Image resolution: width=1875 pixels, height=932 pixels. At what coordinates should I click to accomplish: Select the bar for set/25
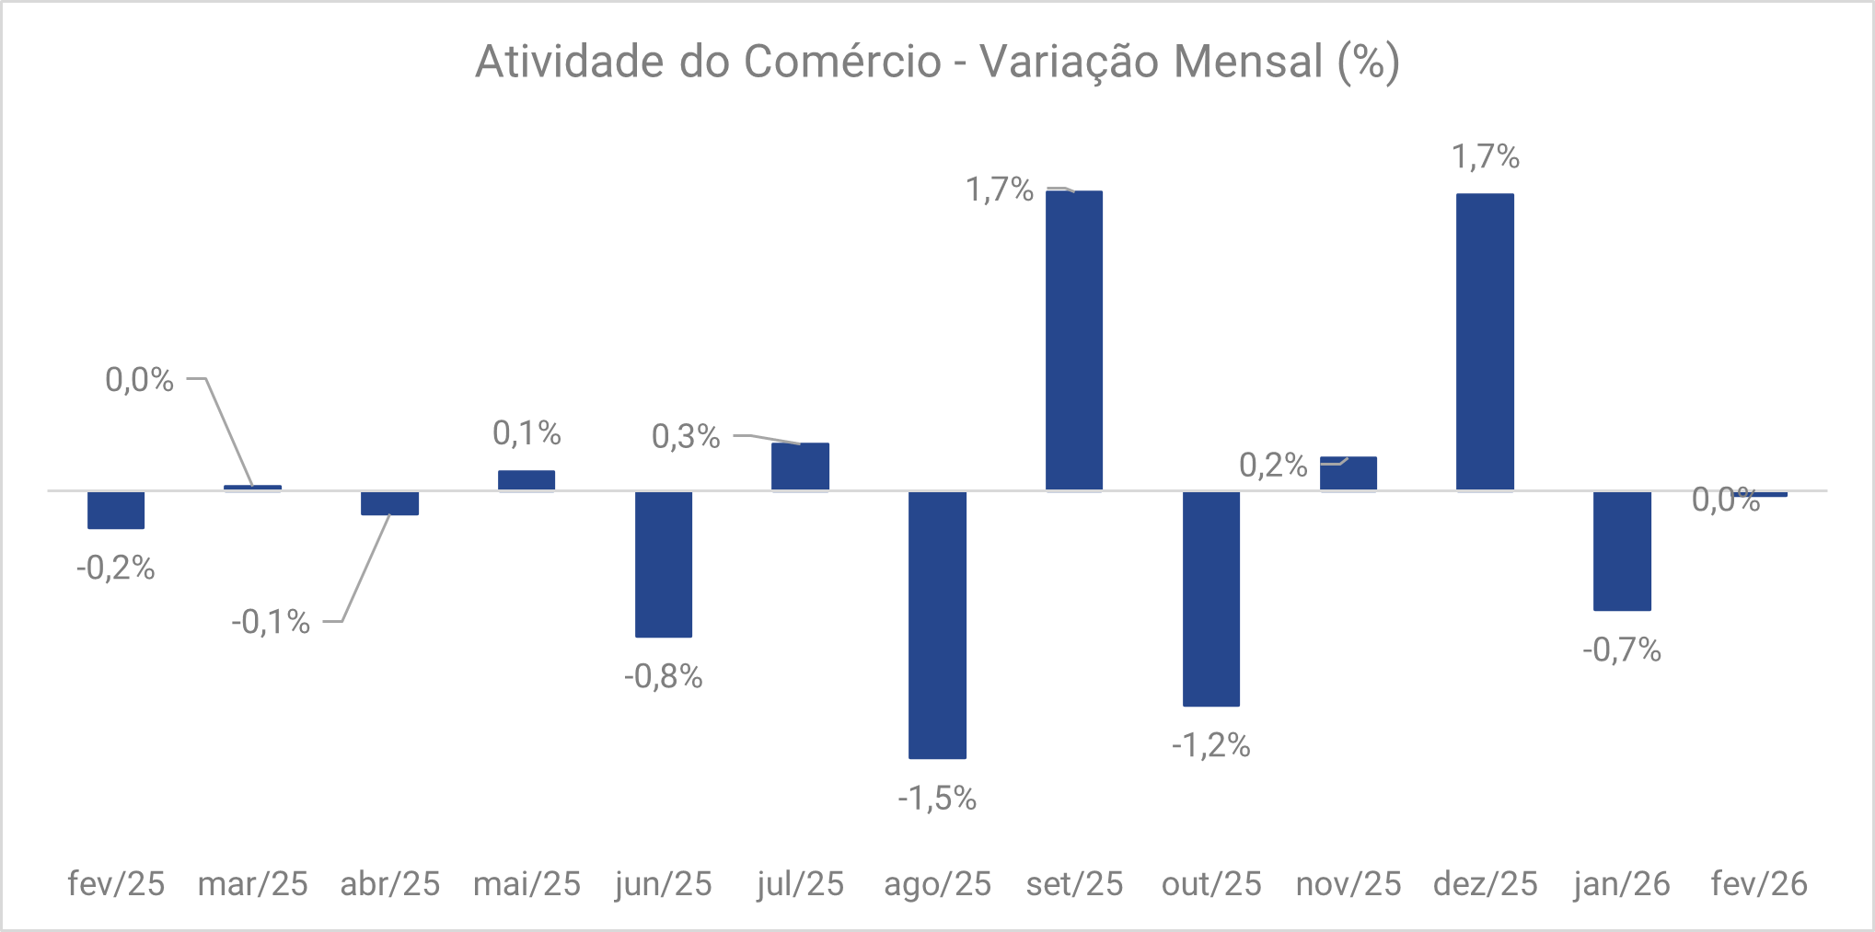click(x=1074, y=340)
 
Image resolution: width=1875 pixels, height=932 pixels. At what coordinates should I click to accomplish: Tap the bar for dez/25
click(x=1485, y=342)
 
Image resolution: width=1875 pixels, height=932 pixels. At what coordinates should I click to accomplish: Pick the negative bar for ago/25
click(x=937, y=625)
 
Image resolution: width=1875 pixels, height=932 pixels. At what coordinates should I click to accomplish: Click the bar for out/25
click(x=1210, y=599)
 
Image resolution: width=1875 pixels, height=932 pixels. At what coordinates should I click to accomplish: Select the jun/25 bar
click(x=664, y=564)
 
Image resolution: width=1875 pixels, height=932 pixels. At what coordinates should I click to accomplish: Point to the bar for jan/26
click(x=1622, y=550)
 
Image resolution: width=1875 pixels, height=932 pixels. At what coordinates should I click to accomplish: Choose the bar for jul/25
click(x=800, y=466)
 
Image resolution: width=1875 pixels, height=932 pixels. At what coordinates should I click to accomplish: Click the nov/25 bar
click(x=1348, y=474)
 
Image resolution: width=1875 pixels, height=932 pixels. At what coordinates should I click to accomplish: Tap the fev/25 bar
click(x=116, y=510)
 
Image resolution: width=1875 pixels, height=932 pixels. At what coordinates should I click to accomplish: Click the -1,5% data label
click(x=937, y=798)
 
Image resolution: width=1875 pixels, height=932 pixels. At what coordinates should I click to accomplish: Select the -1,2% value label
click(x=1210, y=745)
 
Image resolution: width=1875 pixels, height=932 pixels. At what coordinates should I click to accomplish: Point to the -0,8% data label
click(x=664, y=677)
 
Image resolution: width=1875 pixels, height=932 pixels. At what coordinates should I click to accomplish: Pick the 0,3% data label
click(x=686, y=436)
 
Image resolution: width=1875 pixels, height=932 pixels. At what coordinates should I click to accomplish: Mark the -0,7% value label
click(x=1622, y=650)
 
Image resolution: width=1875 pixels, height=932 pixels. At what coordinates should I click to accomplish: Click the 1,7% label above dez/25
click(x=1485, y=157)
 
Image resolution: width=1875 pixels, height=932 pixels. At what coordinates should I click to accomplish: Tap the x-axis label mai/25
click(x=527, y=884)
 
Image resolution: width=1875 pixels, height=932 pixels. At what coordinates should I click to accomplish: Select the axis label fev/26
click(x=1759, y=884)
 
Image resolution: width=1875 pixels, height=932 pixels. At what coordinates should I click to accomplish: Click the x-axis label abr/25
click(x=390, y=884)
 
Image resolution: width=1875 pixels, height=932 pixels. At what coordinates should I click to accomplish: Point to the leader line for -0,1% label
click(x=366, y=569)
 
